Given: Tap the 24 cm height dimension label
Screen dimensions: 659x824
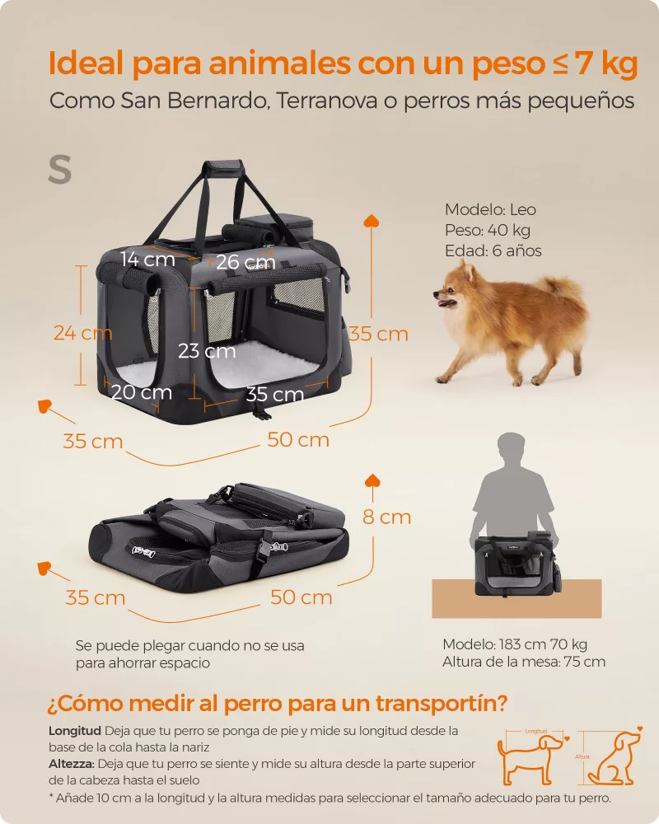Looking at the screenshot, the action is [83, 333].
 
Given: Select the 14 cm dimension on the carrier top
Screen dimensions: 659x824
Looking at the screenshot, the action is [147, 259].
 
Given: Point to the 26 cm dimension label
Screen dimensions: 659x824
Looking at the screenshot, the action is [246, 261].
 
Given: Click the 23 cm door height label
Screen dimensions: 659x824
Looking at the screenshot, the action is [207, 350].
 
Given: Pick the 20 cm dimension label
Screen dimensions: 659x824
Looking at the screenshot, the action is [142, 392].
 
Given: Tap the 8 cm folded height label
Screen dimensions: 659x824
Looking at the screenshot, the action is [387, 517].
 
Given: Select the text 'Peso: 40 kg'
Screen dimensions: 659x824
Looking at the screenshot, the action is [488, 230].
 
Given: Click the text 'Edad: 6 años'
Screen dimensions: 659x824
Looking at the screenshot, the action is [493, 250].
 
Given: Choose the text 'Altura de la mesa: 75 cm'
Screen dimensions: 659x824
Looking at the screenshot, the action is [524, 662].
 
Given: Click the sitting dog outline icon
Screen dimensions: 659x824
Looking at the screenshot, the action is [615, 757].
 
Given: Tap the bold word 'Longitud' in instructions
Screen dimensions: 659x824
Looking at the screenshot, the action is [75, 731].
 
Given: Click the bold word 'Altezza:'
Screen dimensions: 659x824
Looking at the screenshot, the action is [72, 764].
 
